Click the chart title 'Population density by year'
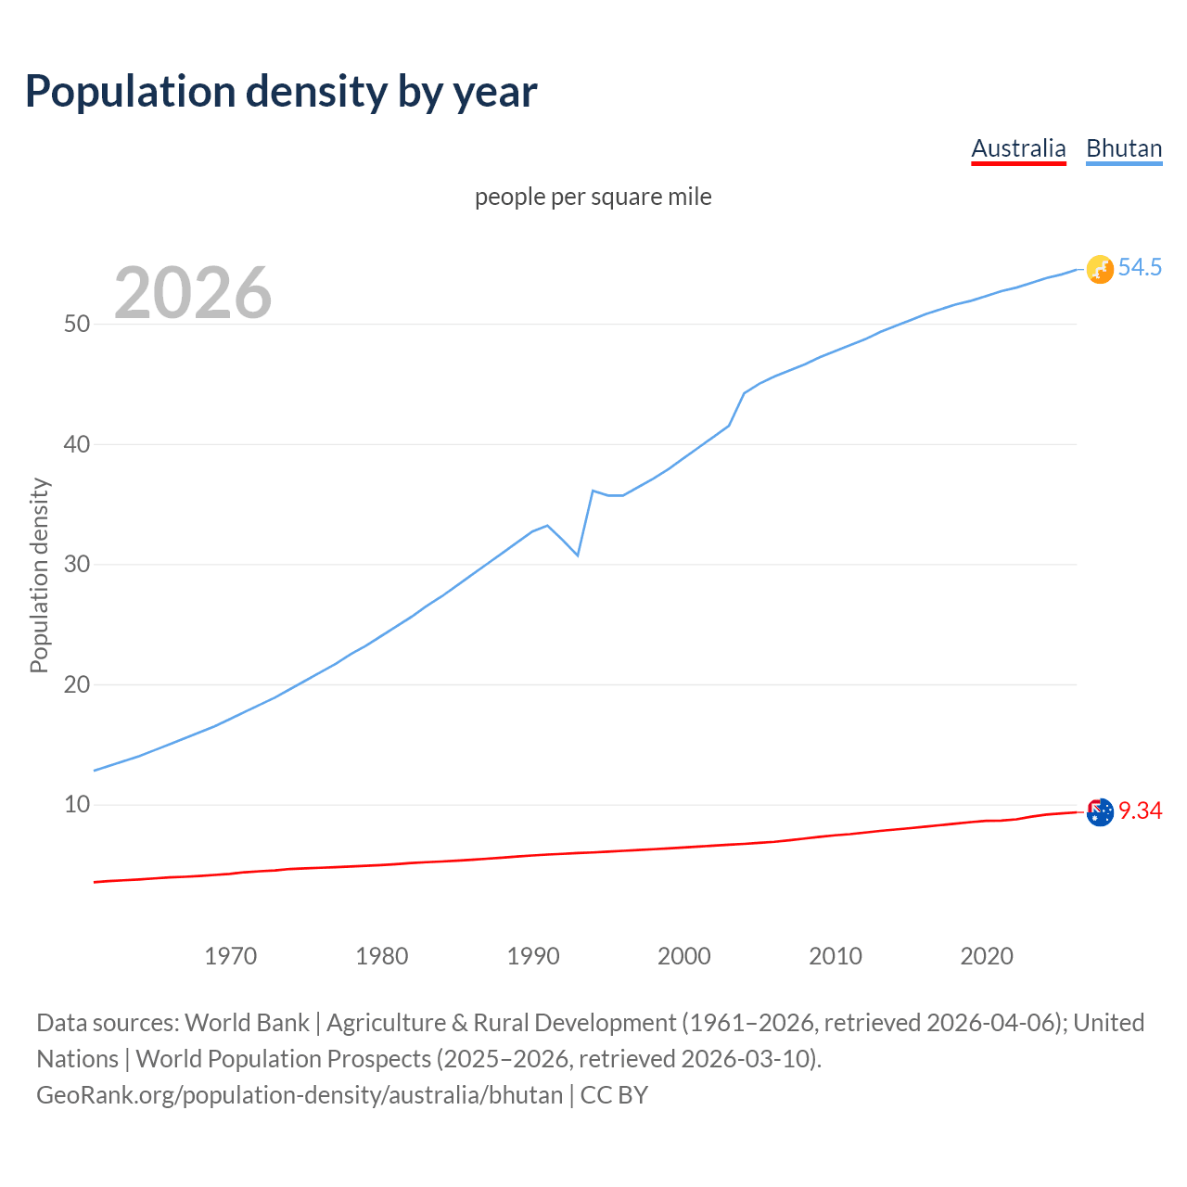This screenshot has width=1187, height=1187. click(x=281, y=92)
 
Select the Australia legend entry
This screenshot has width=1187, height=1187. click(x=1018, y=148)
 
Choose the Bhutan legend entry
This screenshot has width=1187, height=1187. click(x=1124, y=148)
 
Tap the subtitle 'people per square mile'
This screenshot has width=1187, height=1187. click(x=593, y=197)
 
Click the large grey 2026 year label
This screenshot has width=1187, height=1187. click(x=193, y=293)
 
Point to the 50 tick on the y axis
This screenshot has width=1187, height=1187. click(x=77, y=324)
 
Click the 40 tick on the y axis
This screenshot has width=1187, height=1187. click(x=77, y=444)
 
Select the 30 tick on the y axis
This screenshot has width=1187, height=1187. click(x=77, y=564)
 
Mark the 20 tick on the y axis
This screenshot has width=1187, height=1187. click(x=77, y=684)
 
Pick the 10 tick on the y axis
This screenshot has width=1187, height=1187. click(x=77, y=804)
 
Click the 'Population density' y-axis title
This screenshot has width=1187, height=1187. click(x=39, y=575)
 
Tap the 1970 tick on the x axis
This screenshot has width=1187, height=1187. click(x=231, y=956)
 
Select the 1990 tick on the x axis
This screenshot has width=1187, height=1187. click(x=533, y=956)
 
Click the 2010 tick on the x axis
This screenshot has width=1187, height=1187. click(x=836, y=956)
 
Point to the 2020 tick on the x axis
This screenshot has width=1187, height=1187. click(x=987, y=956)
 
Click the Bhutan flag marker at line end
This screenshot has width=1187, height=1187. click(x=1100, y=269)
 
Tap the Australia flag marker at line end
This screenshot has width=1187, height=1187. click(x=1100, y=812)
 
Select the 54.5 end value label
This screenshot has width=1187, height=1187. click(x=1140, y=268)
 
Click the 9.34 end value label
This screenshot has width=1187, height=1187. click(x=1140, y=811)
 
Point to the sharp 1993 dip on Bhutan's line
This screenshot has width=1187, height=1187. click(x=578, y=555)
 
